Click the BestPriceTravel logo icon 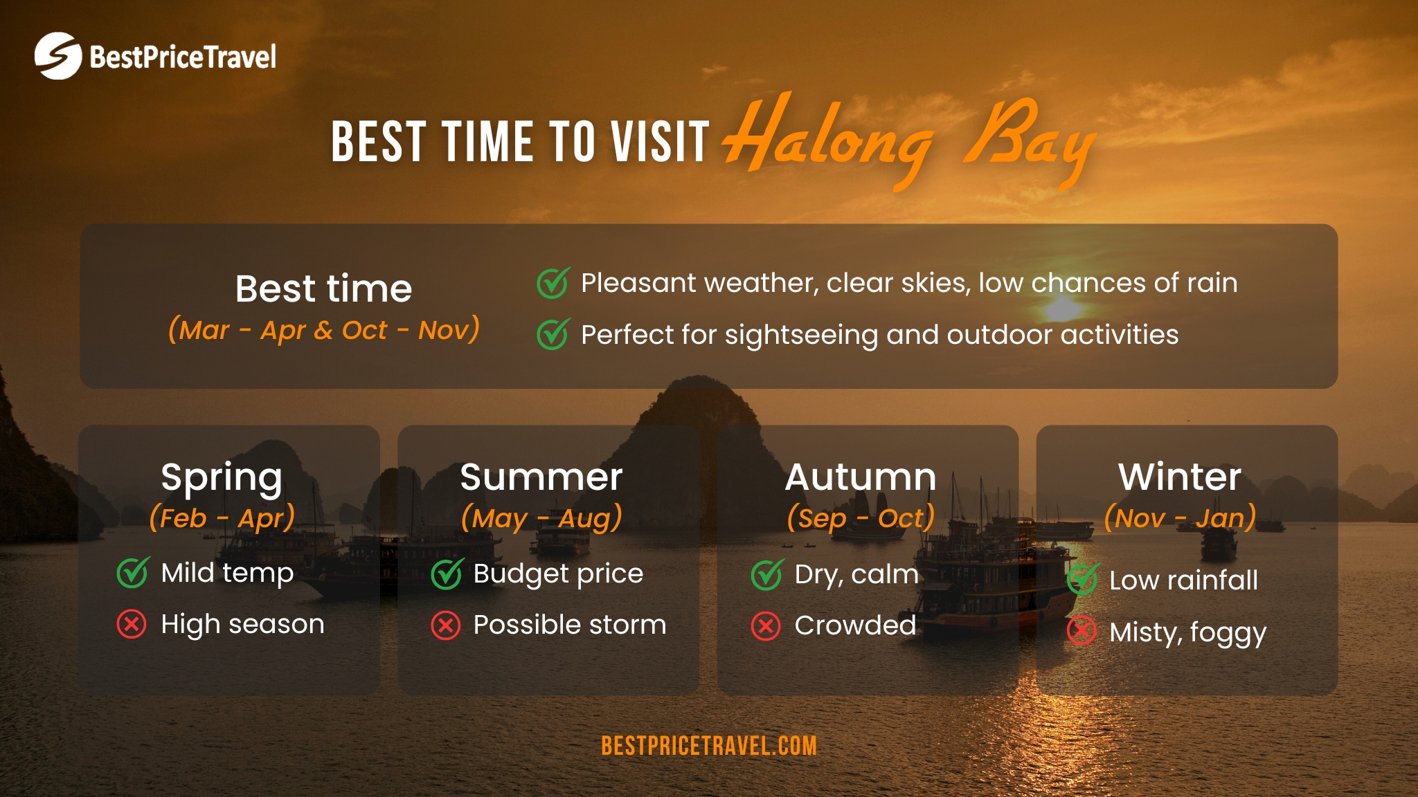(58, 56)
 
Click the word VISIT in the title (660, 142)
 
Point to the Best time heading (323, 288)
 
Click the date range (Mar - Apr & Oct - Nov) (323, 330)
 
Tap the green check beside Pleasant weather (553, 283)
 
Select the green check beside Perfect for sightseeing (553, 335)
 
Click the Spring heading (222, 477)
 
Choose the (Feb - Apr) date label (222, 518)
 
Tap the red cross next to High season (132, 624)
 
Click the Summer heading (541, 477)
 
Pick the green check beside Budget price (446, 574)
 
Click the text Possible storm (569, 625)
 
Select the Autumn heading (861, 477)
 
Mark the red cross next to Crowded (766, 626)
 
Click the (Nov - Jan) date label (1180, 518)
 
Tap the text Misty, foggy (1187, 632)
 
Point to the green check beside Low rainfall (1082, 580)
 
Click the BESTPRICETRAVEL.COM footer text (709, 746)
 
